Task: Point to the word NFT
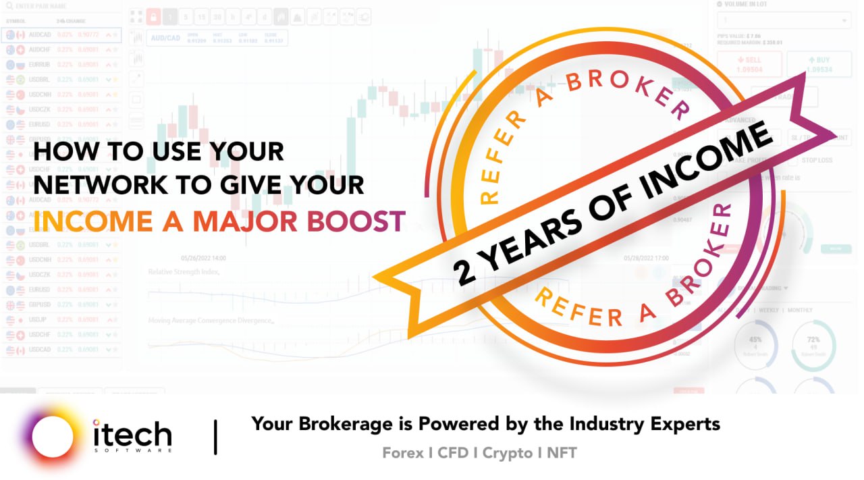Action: (x=562, y=453)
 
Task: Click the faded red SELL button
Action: (x=749, y=64)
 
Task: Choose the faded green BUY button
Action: (x=819, y=64)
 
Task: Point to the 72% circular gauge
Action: (x=813, y=345)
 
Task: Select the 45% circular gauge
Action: (x=755, y=345)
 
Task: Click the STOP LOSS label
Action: (x=817, y=161)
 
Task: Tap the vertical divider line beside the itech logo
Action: (x=215, y=437)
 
